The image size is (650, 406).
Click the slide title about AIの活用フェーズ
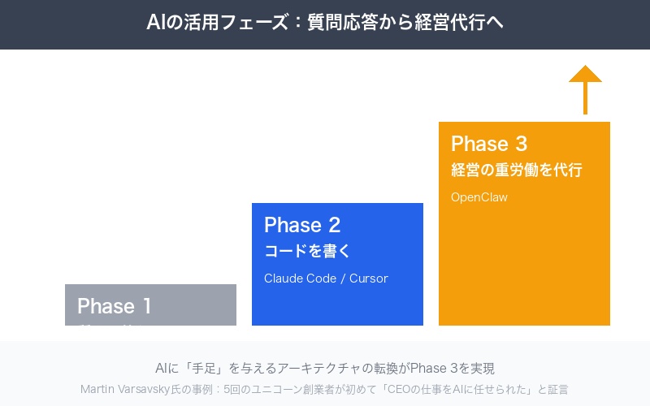(x=325, y=23)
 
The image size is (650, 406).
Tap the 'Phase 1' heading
(x=115, y=306)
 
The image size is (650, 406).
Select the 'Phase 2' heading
(x=301, y=225)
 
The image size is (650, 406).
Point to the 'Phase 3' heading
(x=488, y=144)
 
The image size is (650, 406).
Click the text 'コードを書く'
(x=307, y=251)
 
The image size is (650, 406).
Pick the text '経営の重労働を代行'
(x=516, y=171)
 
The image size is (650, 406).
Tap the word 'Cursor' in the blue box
(x=368, y=279)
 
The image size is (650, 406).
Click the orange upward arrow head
(x=585, y=75)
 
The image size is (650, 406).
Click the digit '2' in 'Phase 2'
(x=334, y=225)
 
